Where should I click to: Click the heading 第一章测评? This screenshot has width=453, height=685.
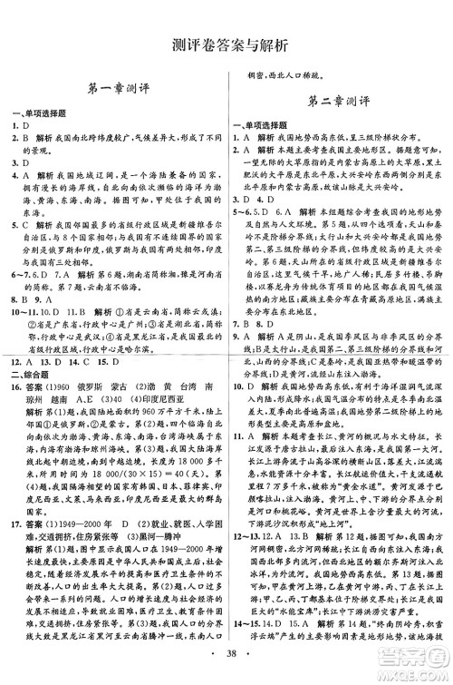114,89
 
